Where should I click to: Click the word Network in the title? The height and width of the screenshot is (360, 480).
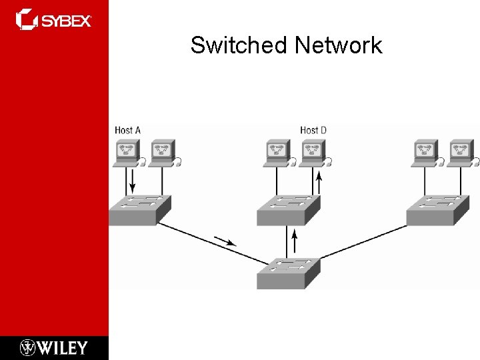coord(338,45)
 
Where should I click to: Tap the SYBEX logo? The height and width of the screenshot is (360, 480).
coord(54,19)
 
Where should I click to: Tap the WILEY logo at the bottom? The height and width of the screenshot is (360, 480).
coord(54,347)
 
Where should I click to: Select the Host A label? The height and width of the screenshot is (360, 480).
coord(127,130)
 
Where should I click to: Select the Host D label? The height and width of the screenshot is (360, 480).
coord(313,130)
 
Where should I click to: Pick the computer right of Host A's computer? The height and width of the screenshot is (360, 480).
coord(163,153)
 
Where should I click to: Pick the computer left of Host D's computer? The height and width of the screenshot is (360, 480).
coord(276,153)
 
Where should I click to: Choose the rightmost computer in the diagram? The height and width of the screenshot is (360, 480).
coord(461,153)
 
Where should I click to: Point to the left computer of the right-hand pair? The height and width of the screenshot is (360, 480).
coord(424,153)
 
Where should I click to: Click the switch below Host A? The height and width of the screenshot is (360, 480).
coord(139,209)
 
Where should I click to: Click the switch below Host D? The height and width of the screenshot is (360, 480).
coord(289,209)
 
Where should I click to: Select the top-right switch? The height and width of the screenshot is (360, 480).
coord(438,209)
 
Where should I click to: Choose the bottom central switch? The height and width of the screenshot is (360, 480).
coord(289,273)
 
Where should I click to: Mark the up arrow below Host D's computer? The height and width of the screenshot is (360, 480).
coord(319,181)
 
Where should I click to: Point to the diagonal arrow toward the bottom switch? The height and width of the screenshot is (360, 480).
coord(226,240)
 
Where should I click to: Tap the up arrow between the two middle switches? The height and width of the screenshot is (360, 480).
coord(293,237)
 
